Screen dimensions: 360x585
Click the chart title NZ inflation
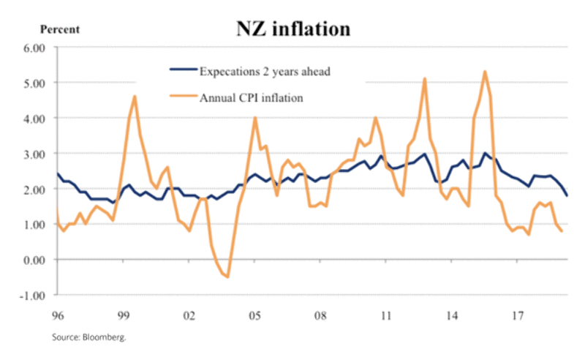pos(292,29)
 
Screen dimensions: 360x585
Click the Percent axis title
pos(59,30)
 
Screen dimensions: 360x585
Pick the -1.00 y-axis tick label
pos(34,296)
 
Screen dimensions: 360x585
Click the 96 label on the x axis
pos(56,317)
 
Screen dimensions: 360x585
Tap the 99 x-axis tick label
pos(124,317)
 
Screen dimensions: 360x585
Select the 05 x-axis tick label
pos(254,317)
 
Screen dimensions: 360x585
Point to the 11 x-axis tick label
pos(385,317)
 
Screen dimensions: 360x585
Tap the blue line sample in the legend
pos(183,71)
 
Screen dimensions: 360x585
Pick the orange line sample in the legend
pos(183,97)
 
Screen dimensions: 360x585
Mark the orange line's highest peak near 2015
pos(485,72)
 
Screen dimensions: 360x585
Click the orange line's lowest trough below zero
pos(228,277)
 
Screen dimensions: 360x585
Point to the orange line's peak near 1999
pos(135,97)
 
